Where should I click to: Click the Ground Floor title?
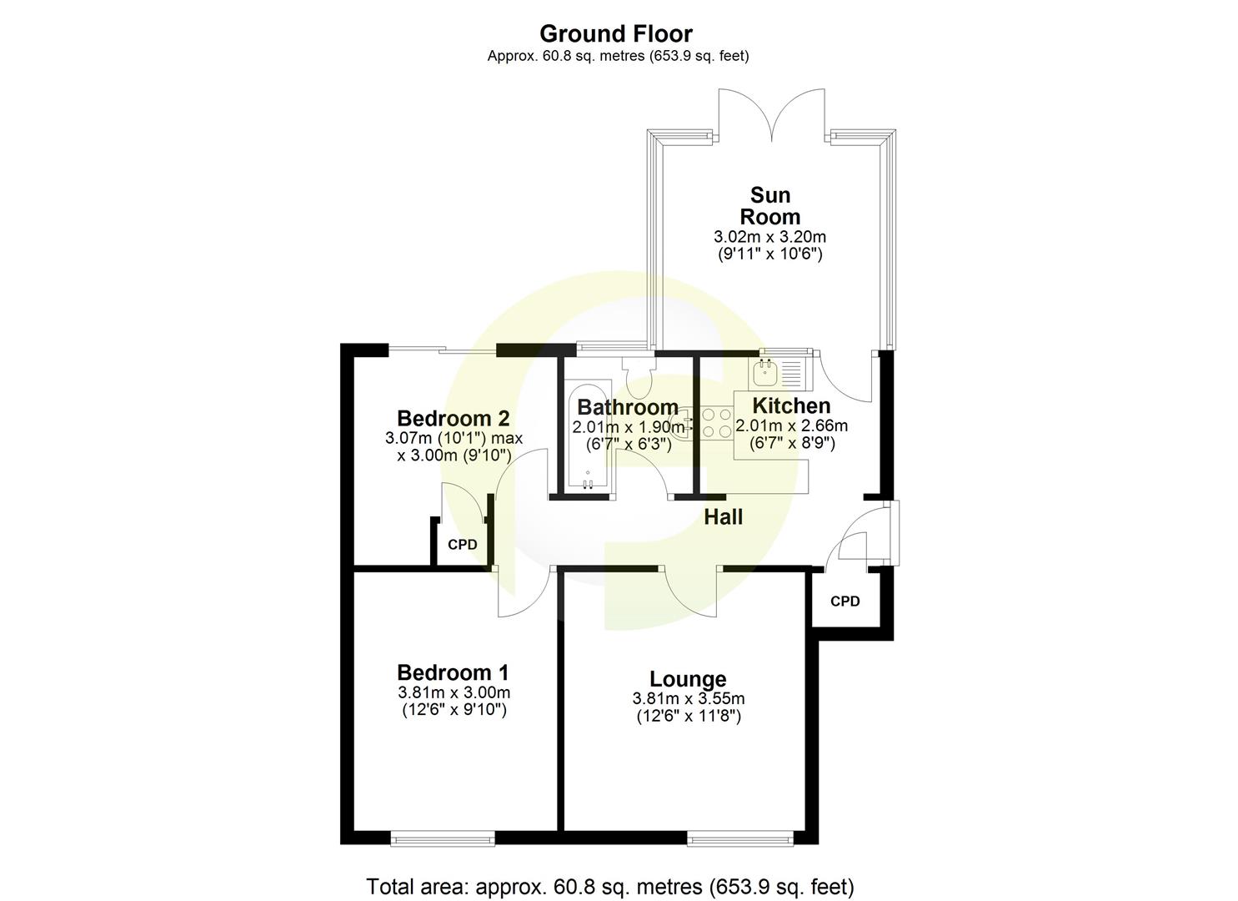tap(615, 34)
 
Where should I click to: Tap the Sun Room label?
tap(770, 206)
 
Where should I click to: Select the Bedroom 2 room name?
tap(453, 418)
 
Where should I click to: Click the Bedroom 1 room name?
tap(453, 672)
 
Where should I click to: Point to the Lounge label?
tap(688, 679)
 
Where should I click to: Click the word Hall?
tap(723, 517)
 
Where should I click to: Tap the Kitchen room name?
tap(791, 406)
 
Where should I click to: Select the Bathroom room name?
tap(628, 407)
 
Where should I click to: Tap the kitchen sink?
tap(764, 371)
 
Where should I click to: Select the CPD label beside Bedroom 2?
tap(463, 545)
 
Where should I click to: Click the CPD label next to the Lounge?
tap(845, 601)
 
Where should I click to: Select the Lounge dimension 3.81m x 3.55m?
tap(688, 699)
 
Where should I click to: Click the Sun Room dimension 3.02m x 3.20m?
tap(770, 237)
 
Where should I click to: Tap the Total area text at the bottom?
tap(610, 886)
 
